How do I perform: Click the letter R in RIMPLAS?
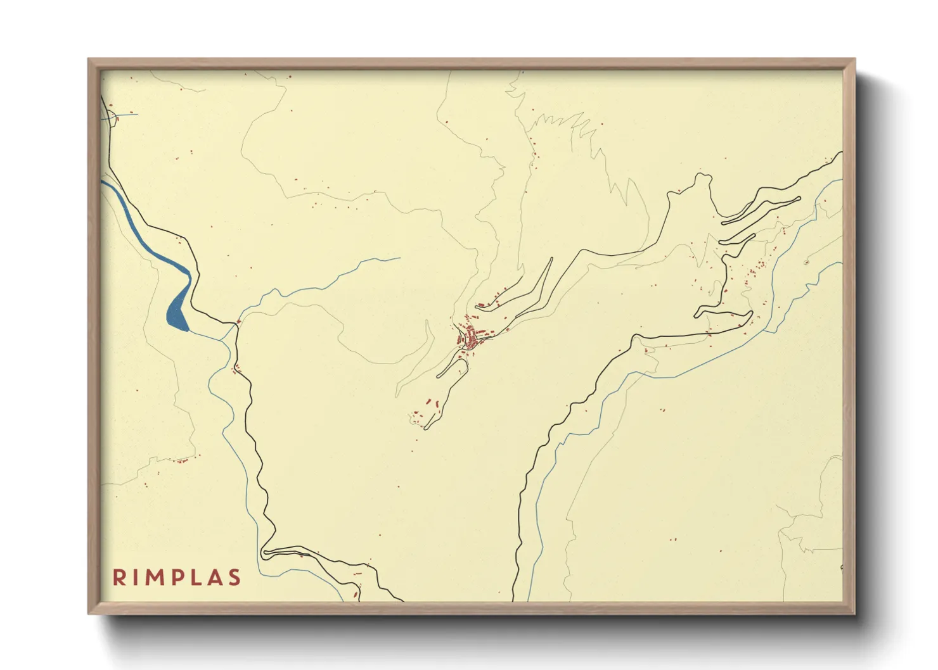coord(119,578)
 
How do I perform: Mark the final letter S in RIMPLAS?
coord(236,578)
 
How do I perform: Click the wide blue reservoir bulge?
coord(178,314)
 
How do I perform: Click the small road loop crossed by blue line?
coord(112,117)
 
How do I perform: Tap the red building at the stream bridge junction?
coord(238,322)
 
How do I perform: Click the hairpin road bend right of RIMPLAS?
coord(266,553)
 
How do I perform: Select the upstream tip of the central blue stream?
coord(399,258)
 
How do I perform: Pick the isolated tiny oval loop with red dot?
coord(806,262)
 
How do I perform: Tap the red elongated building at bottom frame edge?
coord(356,594)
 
